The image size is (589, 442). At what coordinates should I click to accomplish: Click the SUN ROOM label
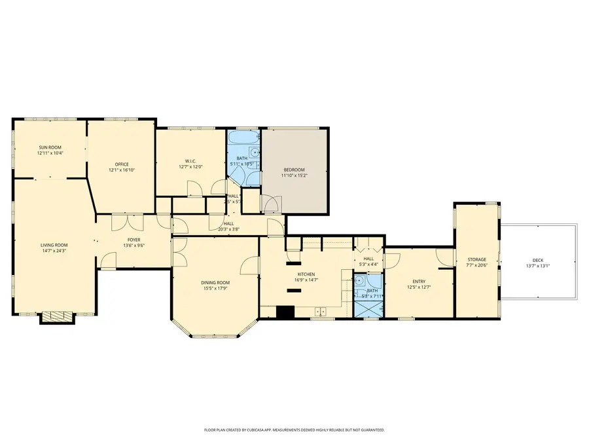coord(50,148)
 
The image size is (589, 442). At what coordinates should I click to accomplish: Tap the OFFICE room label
coord(122,164)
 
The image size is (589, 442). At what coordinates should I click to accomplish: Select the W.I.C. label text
coord(191,161)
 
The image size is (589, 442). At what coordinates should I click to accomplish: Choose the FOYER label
coord(134,240)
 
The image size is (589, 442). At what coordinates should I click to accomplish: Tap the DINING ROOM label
coord(215,282)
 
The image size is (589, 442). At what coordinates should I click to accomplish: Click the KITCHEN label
coord(306,274)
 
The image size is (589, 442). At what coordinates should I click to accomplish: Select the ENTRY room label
coord(419,282)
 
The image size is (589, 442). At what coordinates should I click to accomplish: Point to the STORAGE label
coord(476,260)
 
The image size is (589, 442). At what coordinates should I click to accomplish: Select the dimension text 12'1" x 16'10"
coord(122,170)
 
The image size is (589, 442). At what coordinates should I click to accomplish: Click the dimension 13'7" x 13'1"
coord(539,266)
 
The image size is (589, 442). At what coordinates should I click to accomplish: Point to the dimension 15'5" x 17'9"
coord(215,288)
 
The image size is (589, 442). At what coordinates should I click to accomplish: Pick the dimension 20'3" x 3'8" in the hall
coord(229,229)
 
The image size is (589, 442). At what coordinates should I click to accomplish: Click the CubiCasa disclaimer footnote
coord(294,430)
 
